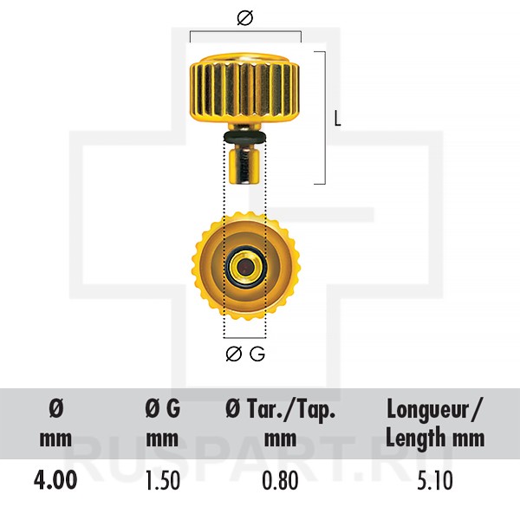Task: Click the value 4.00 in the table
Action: [55, 480]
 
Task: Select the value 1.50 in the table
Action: [163, 480]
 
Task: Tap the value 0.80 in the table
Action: [280, 480]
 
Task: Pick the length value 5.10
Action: [435, 480]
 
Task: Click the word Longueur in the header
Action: [426, 411]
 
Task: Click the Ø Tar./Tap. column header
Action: [280, 409]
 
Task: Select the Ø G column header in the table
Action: [163, 408]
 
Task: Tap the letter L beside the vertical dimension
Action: [337, 119]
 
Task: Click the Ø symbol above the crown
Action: [245, 17]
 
